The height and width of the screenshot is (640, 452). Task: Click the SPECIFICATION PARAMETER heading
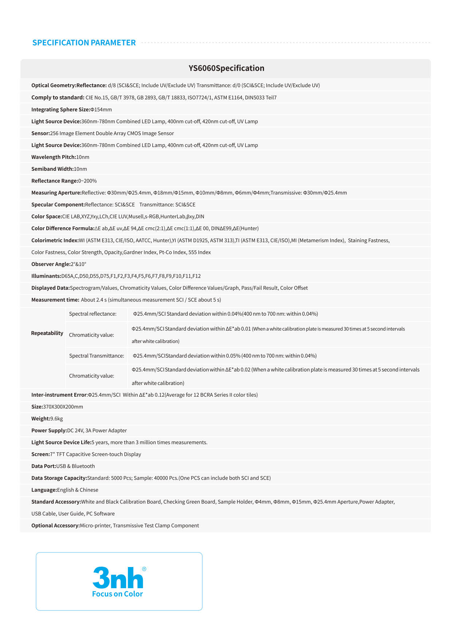coord(84,43)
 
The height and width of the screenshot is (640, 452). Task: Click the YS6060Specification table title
coord(226,68)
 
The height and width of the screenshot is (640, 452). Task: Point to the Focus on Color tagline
coord(117,594)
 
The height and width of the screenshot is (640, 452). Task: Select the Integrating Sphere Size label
coord(61,109)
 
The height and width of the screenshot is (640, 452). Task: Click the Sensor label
coord(40,133)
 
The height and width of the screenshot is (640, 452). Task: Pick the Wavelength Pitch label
coord(54,157)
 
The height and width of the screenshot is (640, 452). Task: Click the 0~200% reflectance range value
coord(87,181)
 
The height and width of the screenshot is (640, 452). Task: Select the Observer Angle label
coord(51,264)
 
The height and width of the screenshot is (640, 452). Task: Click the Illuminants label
coord(46,276)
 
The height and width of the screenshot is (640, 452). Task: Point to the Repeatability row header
coord(47,333)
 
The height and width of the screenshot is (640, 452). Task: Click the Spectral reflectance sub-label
coord(93,314)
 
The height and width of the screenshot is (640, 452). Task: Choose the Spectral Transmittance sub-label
coord(97,356)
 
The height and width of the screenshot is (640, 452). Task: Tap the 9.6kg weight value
coord(56,419)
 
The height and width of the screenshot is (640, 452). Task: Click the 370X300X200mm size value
coord(63,407)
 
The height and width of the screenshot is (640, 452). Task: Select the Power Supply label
coord(49,431)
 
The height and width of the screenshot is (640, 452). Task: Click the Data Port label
coord(44,466)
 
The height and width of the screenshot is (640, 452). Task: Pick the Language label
coord(44,490)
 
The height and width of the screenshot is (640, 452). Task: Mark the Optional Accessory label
coord(55,526)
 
